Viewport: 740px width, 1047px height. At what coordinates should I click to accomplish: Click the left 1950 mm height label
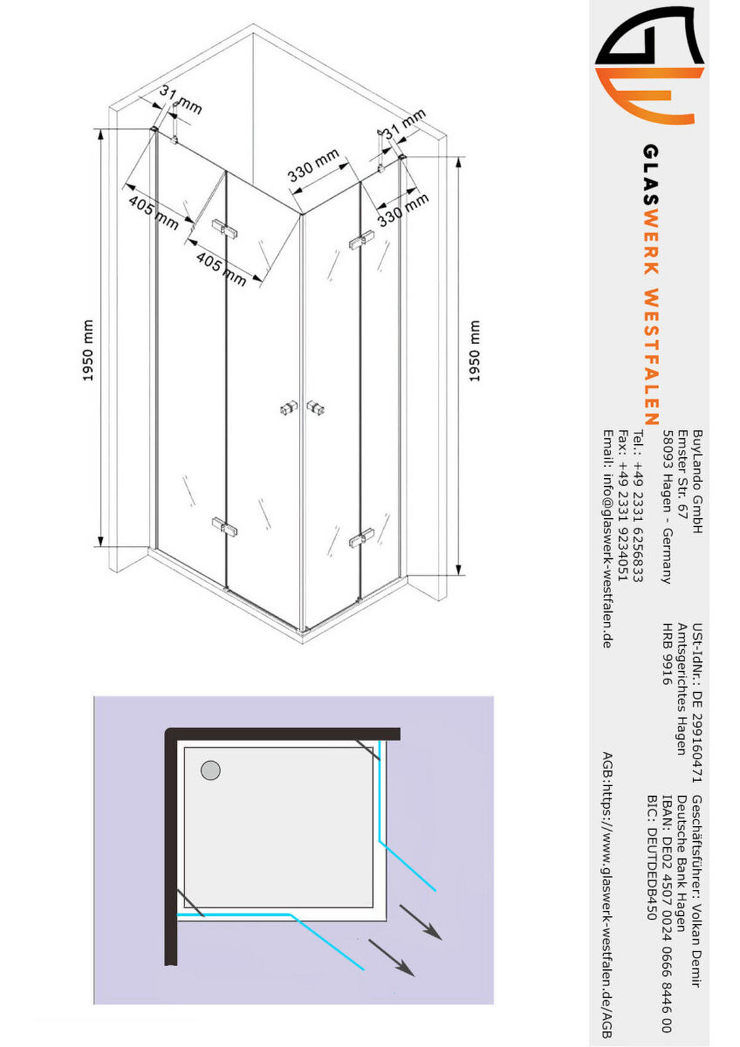click(x=88, y=350)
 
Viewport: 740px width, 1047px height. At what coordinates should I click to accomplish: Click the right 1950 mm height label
click(x=474, y=351)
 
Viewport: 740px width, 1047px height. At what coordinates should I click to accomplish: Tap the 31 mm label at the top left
click(x=181, y=100)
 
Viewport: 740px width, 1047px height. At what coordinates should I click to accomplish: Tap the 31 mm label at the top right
click(x=405, y=124)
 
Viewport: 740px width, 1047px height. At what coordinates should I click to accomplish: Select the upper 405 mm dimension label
click(x=153, y=213)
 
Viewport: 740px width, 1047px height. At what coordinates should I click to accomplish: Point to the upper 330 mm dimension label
click(x=313, y=165)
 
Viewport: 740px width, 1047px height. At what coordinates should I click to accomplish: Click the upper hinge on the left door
click(x=224, y=229)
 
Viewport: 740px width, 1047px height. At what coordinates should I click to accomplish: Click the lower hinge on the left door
click(x=224, y=527)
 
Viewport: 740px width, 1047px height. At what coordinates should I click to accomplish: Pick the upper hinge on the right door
click(x=361, y=240)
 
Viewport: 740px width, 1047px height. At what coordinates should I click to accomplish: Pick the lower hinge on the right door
click(x=361, y=537)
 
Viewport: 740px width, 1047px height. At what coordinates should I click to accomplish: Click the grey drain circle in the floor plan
click(x=211, y=770)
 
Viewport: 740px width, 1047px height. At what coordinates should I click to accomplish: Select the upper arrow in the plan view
click(x=421, y=922)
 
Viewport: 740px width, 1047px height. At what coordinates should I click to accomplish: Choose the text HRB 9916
click(x=667, y=654)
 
